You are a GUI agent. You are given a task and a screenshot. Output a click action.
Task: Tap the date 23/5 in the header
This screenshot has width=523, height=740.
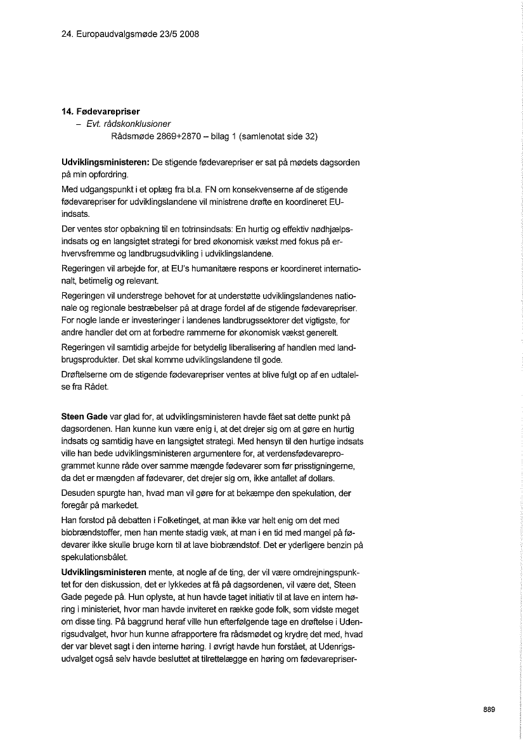point(161,34)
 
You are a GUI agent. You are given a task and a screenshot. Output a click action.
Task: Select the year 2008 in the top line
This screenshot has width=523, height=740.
point(190,34)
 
